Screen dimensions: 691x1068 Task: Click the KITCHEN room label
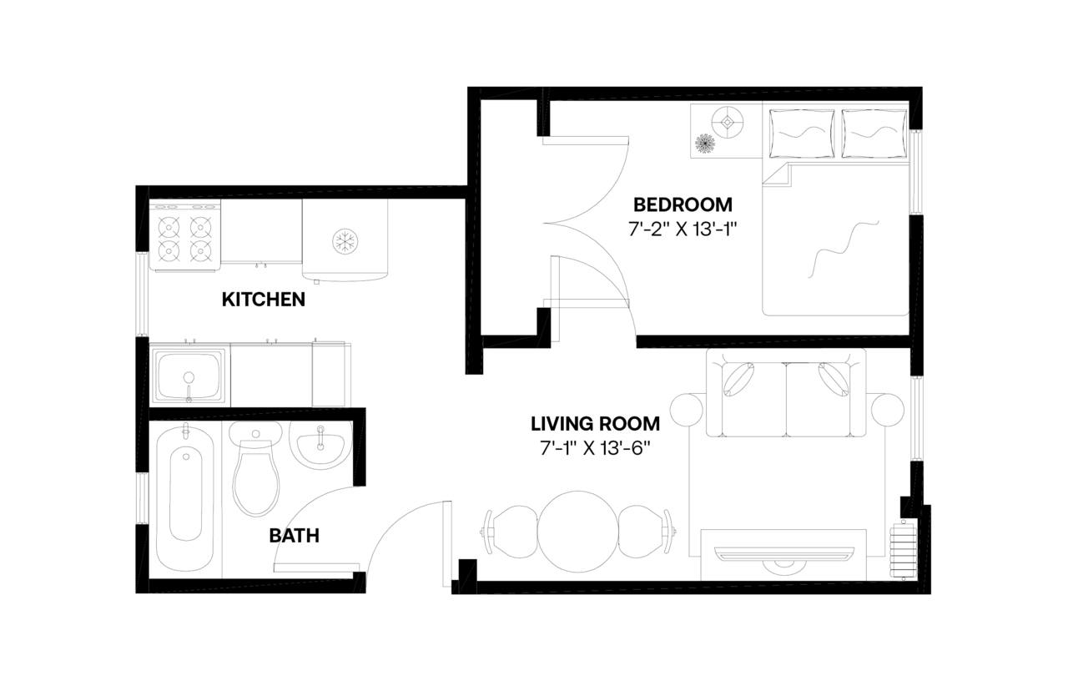263,299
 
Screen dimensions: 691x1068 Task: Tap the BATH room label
294,536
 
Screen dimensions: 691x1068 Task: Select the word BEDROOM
683,204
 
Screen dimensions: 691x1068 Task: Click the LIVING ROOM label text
595,423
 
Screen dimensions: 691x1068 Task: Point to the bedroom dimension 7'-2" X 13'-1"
683,229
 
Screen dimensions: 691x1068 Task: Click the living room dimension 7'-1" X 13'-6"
595,448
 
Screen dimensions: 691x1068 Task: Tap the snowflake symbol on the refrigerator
342,241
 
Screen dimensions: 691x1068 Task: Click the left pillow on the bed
800,132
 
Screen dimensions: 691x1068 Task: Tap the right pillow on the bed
874,132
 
